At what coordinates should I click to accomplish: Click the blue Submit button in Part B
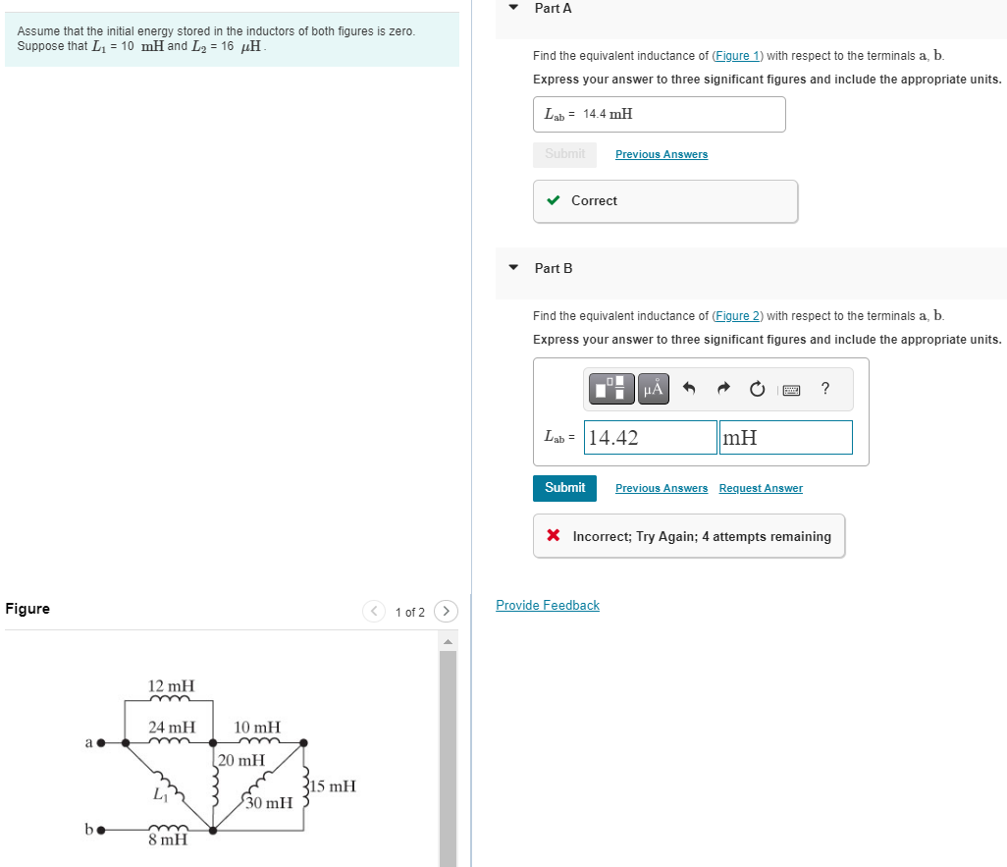click(x=564, y=488)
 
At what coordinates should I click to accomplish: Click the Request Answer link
click(x=760, y=489)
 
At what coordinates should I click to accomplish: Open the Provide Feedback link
click(x=548, y=606)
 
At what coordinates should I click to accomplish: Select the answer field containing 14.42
click(x=651, y=438)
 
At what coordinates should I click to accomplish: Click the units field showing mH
click(x=785, y=438)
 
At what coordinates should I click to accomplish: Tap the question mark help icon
click(x=825, y=389)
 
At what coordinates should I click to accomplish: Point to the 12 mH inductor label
click(x=171, y=685)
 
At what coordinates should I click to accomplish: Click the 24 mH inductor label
click(x=171, y=728)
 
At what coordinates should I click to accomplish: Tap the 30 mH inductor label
click(x=269, y=803)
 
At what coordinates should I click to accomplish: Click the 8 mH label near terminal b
click(x=168, y=840)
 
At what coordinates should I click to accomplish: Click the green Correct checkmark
click(x=554, y=201)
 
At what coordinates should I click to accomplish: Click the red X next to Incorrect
click(x=554, y=536)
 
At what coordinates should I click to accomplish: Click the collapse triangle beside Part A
click(x=513, y=8)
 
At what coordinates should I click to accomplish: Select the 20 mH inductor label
click(x=241, y=760)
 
